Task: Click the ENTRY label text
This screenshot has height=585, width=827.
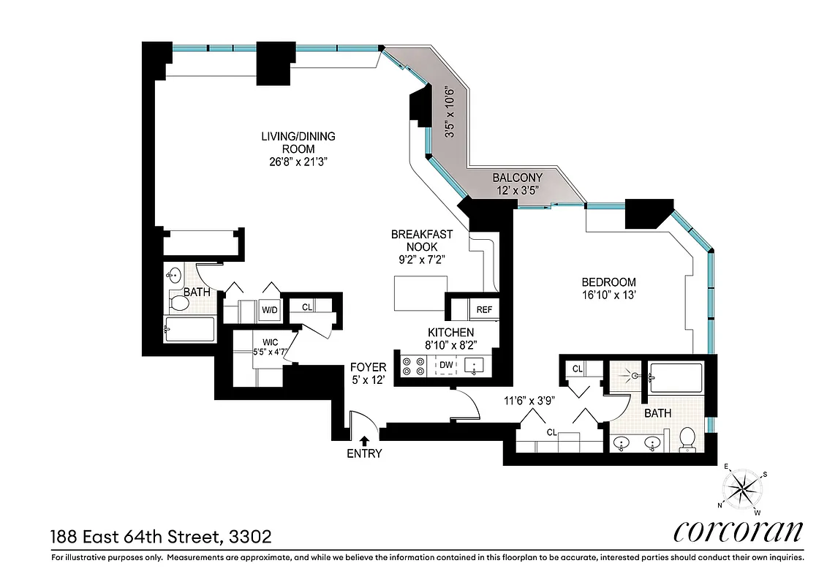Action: point(364,453)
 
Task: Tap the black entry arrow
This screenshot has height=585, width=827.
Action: point(364,439)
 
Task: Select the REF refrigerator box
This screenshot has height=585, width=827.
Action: point(484,309)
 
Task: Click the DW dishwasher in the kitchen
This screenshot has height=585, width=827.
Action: point(445,365)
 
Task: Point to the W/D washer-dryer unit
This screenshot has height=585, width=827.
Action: point(270,310)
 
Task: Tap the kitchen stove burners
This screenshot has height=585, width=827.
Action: point(413,366)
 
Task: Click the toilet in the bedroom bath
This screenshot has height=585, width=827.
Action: point(687,439)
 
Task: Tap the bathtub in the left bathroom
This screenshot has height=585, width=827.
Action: point(189,329)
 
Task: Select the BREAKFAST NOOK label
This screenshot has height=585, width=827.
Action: point(421,241)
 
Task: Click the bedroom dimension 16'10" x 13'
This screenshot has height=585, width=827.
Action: point(608,296)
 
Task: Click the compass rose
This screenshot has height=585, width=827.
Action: point(742,489)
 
